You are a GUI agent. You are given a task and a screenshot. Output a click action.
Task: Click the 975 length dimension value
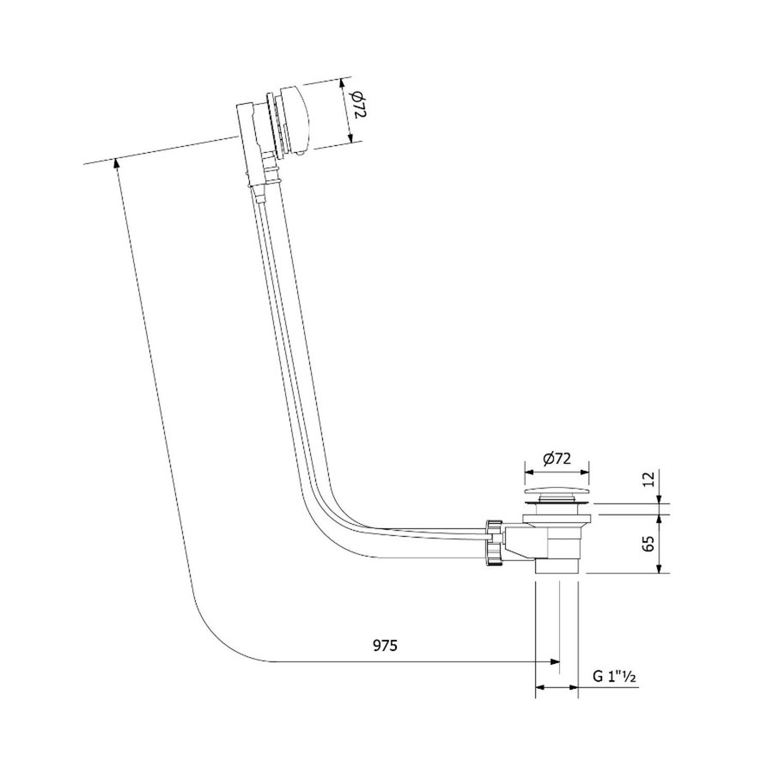385,646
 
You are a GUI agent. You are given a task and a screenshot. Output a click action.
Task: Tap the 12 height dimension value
648,478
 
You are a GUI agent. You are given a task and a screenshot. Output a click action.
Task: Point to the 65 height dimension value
648,544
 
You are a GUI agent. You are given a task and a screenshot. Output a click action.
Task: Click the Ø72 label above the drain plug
557,459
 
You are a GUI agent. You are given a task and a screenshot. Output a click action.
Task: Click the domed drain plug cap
556,495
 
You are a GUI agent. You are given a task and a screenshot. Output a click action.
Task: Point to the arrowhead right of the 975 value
553,662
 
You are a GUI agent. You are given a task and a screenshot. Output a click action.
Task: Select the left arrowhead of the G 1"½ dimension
540,688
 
